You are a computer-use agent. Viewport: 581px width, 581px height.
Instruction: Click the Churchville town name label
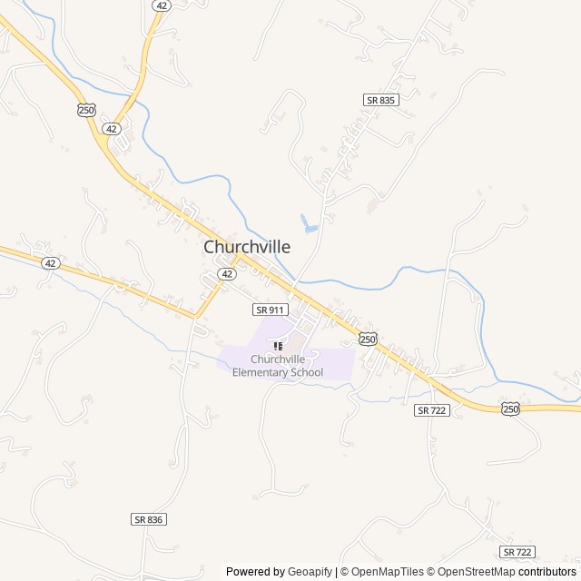coord(247,247)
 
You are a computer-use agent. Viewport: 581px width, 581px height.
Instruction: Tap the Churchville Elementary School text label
coord(278,366)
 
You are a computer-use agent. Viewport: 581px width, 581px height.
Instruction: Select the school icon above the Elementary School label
coord(278,345)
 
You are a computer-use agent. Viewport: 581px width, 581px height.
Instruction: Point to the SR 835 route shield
coord(380,100)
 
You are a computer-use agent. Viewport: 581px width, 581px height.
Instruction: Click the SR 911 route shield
coord(270,310)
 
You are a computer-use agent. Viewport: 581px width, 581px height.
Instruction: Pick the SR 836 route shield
coord(149,519)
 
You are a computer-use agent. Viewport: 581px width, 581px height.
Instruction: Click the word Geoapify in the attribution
coord(310,572)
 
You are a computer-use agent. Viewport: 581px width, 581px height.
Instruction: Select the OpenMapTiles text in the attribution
coord(388,572)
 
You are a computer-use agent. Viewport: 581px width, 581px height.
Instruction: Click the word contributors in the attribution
coord(547,572)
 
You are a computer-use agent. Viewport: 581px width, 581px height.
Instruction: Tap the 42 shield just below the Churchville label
coord(227,273)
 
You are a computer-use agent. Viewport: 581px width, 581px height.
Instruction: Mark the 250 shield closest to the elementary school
coord(368,339)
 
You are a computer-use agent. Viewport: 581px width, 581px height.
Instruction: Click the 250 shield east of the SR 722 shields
coord(510,409)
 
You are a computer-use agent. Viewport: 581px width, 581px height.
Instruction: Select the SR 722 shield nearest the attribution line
coord(517,552)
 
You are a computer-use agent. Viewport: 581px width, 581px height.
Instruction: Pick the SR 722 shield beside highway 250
coord(432,410)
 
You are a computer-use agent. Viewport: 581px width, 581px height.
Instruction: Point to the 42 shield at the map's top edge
coord(161,5)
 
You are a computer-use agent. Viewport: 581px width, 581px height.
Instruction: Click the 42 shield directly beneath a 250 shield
coord(112,129)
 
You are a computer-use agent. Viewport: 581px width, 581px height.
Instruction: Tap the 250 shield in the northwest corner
coord(86,110)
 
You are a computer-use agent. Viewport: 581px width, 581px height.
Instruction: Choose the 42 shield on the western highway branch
coord(51,263)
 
